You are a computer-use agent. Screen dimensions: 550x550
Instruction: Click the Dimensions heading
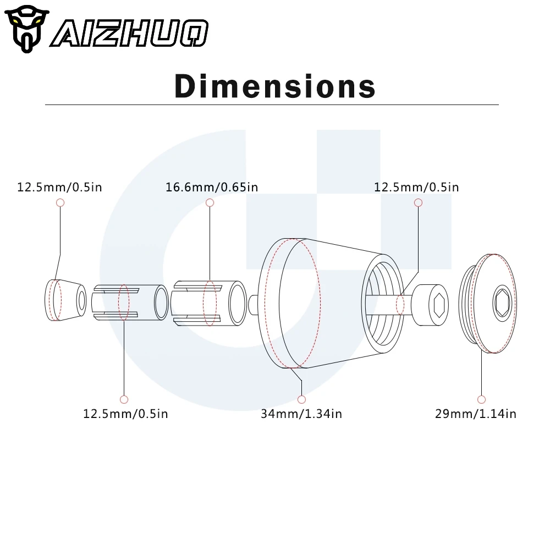pyautogui.click(x=275, y=86)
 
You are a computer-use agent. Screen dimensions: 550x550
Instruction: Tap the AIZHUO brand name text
pyautogui.click(x=130, y=34)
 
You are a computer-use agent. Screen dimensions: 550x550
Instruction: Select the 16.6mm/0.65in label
pyautogui.click(x=212, y=187)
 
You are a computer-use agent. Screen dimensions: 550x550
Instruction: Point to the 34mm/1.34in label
pyautogui.click(x=301, y=414)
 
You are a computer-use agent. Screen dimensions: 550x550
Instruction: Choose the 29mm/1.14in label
pyautogui.click(x=476, y=414)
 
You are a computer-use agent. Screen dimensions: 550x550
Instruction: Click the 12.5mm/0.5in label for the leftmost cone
pyautogui.click(x=59, y=187)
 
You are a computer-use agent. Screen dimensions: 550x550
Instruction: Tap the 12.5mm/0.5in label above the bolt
pyautogui.click(x=416, y=187)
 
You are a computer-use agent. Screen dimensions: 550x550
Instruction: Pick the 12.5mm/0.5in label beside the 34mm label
pyautogui.click(x=125, y=414)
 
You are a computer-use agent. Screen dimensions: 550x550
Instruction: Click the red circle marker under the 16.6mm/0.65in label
pyautogui.click(x=210, y=203)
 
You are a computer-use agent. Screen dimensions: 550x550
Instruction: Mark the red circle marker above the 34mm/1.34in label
pyautogui.click(x=301, y=399)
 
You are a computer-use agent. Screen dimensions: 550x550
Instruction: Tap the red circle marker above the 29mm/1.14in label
pyautogui.click(x=482, y=399)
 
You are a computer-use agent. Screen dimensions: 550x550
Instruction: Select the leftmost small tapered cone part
pyautogui.click(x=64, y=300)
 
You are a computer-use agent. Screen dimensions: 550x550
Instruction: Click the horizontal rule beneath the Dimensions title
pyautogui.click(x=272, y=105)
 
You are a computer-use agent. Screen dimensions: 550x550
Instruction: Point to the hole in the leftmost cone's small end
pyautogui.click(x=81, y=300)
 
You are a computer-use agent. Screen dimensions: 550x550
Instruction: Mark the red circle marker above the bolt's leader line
pyautogui.click(x=418, y=203)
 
